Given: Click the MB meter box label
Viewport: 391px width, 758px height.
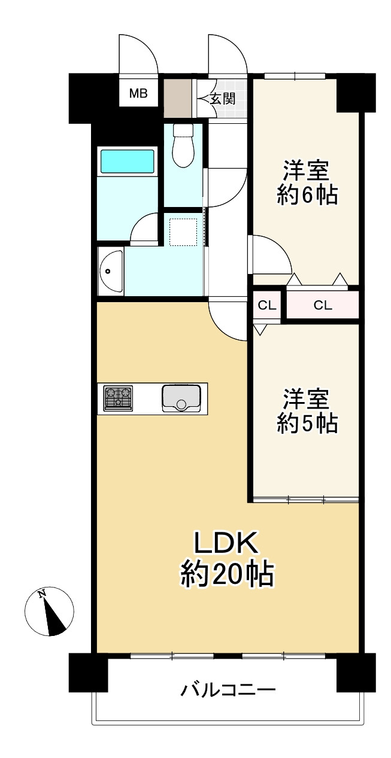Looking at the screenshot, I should [139, 93].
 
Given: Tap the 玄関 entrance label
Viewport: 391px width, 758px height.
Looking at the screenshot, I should [223, 99].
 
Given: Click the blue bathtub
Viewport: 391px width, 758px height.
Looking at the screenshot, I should [127, 162].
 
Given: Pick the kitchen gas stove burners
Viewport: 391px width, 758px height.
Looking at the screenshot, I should [119, 398].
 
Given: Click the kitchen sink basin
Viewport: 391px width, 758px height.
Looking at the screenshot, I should [181, 398].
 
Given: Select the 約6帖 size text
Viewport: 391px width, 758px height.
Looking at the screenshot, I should [307, 196].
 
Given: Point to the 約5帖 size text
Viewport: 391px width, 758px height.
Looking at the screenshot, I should [307, 424].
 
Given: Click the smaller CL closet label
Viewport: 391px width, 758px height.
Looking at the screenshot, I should [266, 306].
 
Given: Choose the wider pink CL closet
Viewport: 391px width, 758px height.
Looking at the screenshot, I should [323, 306].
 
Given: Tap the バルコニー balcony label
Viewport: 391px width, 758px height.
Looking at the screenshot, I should [228, 691].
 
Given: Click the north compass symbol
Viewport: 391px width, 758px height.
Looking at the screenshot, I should [50, 611].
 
